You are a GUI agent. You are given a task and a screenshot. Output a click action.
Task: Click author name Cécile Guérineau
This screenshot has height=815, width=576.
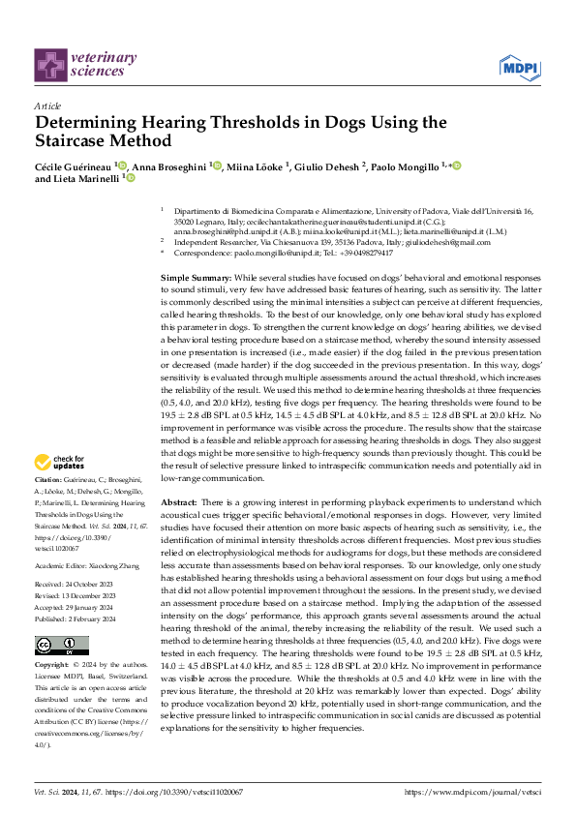[x=74, y=166]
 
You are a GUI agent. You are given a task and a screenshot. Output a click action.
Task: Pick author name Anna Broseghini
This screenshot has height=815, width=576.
[x=170, y=166]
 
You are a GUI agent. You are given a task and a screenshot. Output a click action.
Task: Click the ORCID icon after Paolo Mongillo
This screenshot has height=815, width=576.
[x=456, y=166]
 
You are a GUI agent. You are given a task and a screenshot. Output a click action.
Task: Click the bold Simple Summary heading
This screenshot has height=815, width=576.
[x=195, y=278]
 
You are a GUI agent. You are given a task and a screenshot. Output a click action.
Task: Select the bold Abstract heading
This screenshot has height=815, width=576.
[x=179, y=502]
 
